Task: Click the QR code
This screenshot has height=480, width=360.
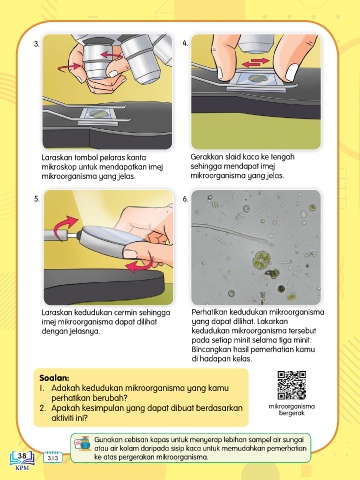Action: [292, 385]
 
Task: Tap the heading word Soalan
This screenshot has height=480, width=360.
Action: [54, 378]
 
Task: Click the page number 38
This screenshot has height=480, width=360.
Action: [22, 456]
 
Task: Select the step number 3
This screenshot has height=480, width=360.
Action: [37, 44]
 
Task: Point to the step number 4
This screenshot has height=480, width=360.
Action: [185, 43]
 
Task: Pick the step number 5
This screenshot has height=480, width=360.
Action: [37, 199]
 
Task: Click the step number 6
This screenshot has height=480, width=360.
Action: [185, 199]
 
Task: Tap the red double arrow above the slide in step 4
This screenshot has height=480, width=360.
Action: [256, 62]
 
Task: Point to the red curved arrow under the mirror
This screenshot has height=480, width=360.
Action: [141, 265]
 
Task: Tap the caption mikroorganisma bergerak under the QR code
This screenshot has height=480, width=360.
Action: [292, 410]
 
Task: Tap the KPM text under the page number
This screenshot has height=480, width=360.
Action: [22, 468]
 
